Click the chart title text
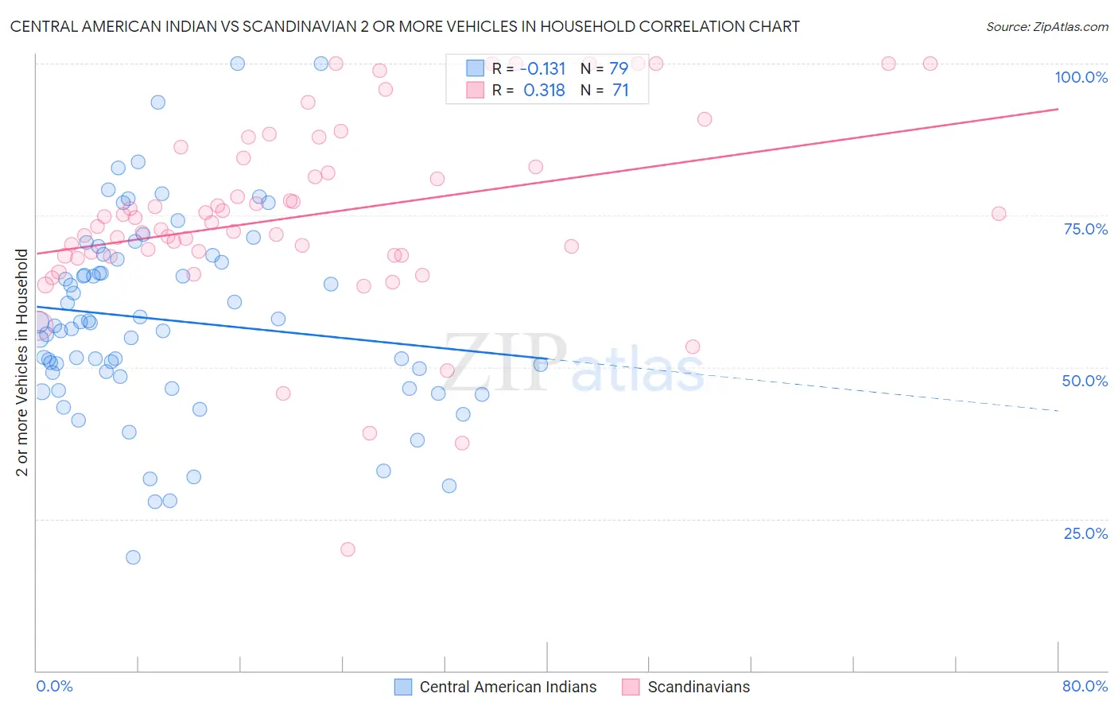405,27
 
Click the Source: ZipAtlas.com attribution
1046,27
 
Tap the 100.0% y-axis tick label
1081,77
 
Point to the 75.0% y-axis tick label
1085,229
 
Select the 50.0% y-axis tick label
1085,381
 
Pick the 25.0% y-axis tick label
1085,533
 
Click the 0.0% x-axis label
54,686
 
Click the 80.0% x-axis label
1085,686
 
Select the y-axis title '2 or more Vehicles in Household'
22,362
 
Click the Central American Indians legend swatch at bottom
403,687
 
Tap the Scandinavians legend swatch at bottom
631,687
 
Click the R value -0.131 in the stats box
545,68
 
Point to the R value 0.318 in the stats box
545,91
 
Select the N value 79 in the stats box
619,68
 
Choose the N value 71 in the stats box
620,91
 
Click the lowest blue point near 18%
133,557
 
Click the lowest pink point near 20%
347,549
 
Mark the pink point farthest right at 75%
999,214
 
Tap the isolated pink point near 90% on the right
705,119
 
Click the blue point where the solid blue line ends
541,365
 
